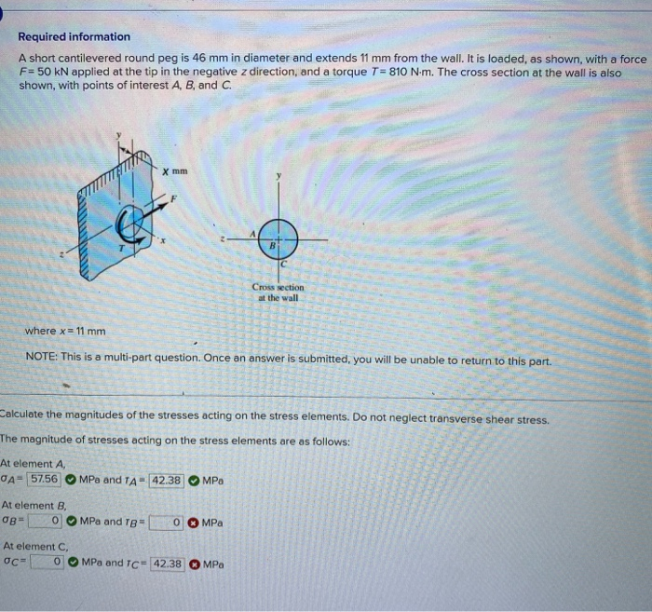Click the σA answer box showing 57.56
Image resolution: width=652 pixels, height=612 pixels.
click(x=45, y=480)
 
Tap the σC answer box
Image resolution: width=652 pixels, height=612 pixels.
click(x=48, y=563)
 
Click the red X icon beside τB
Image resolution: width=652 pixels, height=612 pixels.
click(x=191, y=523)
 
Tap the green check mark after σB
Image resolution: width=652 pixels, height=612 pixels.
click(x=70, y=522)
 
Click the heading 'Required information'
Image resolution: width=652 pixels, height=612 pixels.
click(x=75, y=36)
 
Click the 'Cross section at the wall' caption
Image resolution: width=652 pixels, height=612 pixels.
click(x=278, y=292)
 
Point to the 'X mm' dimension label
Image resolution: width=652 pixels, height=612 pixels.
click(x=174, y=171)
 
